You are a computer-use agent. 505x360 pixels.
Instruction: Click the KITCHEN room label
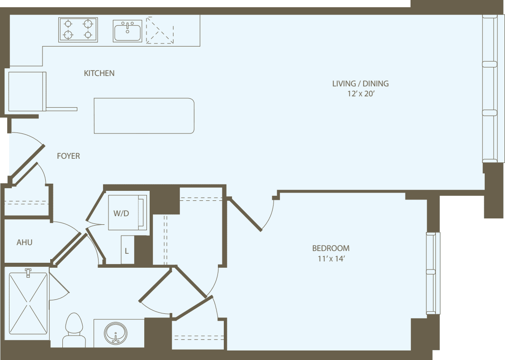click(99, 73)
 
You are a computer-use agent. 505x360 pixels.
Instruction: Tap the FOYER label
click(68, 156)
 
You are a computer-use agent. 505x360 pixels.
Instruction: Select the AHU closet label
click(24, 242)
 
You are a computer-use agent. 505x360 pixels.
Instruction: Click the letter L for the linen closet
click(127, 250)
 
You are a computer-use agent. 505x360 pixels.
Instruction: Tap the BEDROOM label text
click(330, 248)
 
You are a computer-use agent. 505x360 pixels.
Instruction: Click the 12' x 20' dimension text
click(360, 95)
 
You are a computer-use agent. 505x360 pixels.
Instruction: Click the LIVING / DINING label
click(360, 84)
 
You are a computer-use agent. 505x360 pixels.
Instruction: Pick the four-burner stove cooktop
click(78, 29)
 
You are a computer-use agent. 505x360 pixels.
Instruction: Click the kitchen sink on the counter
click(127, 31)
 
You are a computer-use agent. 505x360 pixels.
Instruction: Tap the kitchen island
click(144, 116)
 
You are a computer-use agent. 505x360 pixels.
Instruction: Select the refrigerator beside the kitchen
click(26, 91)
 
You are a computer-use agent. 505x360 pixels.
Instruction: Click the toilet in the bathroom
click(74, 330)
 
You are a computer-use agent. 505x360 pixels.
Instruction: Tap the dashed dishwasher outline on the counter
click(160, 30)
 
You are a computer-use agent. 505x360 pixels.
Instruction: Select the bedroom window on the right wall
click(433, 273)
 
